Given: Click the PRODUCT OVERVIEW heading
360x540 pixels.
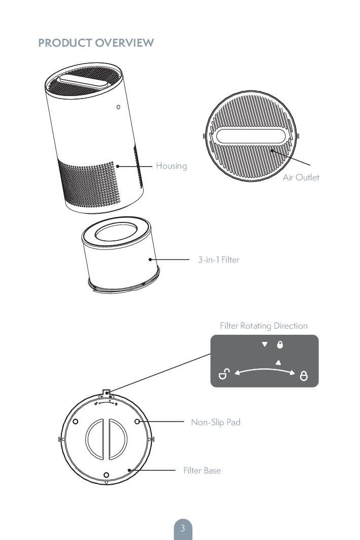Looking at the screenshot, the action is (x=96, y=43).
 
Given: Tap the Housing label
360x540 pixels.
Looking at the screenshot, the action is (x=172, y=166).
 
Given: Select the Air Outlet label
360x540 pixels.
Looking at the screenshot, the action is (x=301, y=177).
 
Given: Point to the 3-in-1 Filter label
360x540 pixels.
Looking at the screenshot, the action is (x=218, y=260).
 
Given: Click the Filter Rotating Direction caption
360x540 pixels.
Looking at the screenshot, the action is (x=264, y=326).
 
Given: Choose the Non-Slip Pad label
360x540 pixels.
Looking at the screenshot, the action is (x=216, y=422).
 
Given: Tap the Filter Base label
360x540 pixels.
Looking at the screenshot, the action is (x=202, y=470).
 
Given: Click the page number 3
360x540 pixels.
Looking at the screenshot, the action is (x=183, y=528).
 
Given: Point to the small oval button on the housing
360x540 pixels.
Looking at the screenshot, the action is (x=118, y=107).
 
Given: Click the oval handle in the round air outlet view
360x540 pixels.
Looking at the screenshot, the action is (x=251, y=136).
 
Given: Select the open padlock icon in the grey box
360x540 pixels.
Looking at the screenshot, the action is (x=224, y=374).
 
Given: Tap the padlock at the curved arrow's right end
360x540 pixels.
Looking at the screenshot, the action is (x=304, y=376).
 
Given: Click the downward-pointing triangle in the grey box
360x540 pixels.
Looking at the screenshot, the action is (x=265, y=344).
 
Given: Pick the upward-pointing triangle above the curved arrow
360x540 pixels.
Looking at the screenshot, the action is (x=278, y=362).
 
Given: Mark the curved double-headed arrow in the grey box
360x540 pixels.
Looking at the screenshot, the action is (x=265, y=369).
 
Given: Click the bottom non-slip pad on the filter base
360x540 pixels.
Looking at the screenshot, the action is (x=106, y=475).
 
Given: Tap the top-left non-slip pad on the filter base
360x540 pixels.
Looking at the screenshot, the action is (x=76, y=421).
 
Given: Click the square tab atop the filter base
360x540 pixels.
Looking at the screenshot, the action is (x=106, y=392).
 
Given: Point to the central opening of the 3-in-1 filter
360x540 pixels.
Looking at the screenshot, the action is (x=116, y=232).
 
